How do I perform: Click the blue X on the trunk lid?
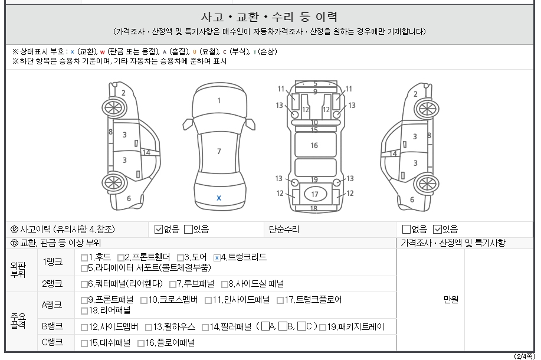(x=219, y=198)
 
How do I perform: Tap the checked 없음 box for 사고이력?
(x=158, y=229)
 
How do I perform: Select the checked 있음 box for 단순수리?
(x=437, y=229)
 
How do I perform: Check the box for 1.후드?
(x=84, y=258)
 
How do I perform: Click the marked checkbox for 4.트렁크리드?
(x=217, y=258)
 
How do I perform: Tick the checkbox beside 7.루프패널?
(x=173, y=284)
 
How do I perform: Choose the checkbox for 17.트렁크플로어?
(x=280, y=300)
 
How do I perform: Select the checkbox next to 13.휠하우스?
(x=149, y=328)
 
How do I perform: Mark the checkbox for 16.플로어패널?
(x=141, y=343)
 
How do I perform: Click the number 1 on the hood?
(x=219, y=101)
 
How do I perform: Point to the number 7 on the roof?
(x=219, y=151)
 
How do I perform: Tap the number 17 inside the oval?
(x=314, y=194)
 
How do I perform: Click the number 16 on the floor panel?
(x=314, y=145)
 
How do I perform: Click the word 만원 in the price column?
(x=451, y=300)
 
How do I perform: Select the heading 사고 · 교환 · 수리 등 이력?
(x=269, y=17)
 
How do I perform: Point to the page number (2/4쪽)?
(x=524, y=356)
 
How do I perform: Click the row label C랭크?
(x=53, y=342)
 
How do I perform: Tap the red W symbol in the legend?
(x=103, y=52)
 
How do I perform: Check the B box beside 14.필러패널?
(x=283, y=326)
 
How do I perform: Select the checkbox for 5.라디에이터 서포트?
(x=84, y=269)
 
